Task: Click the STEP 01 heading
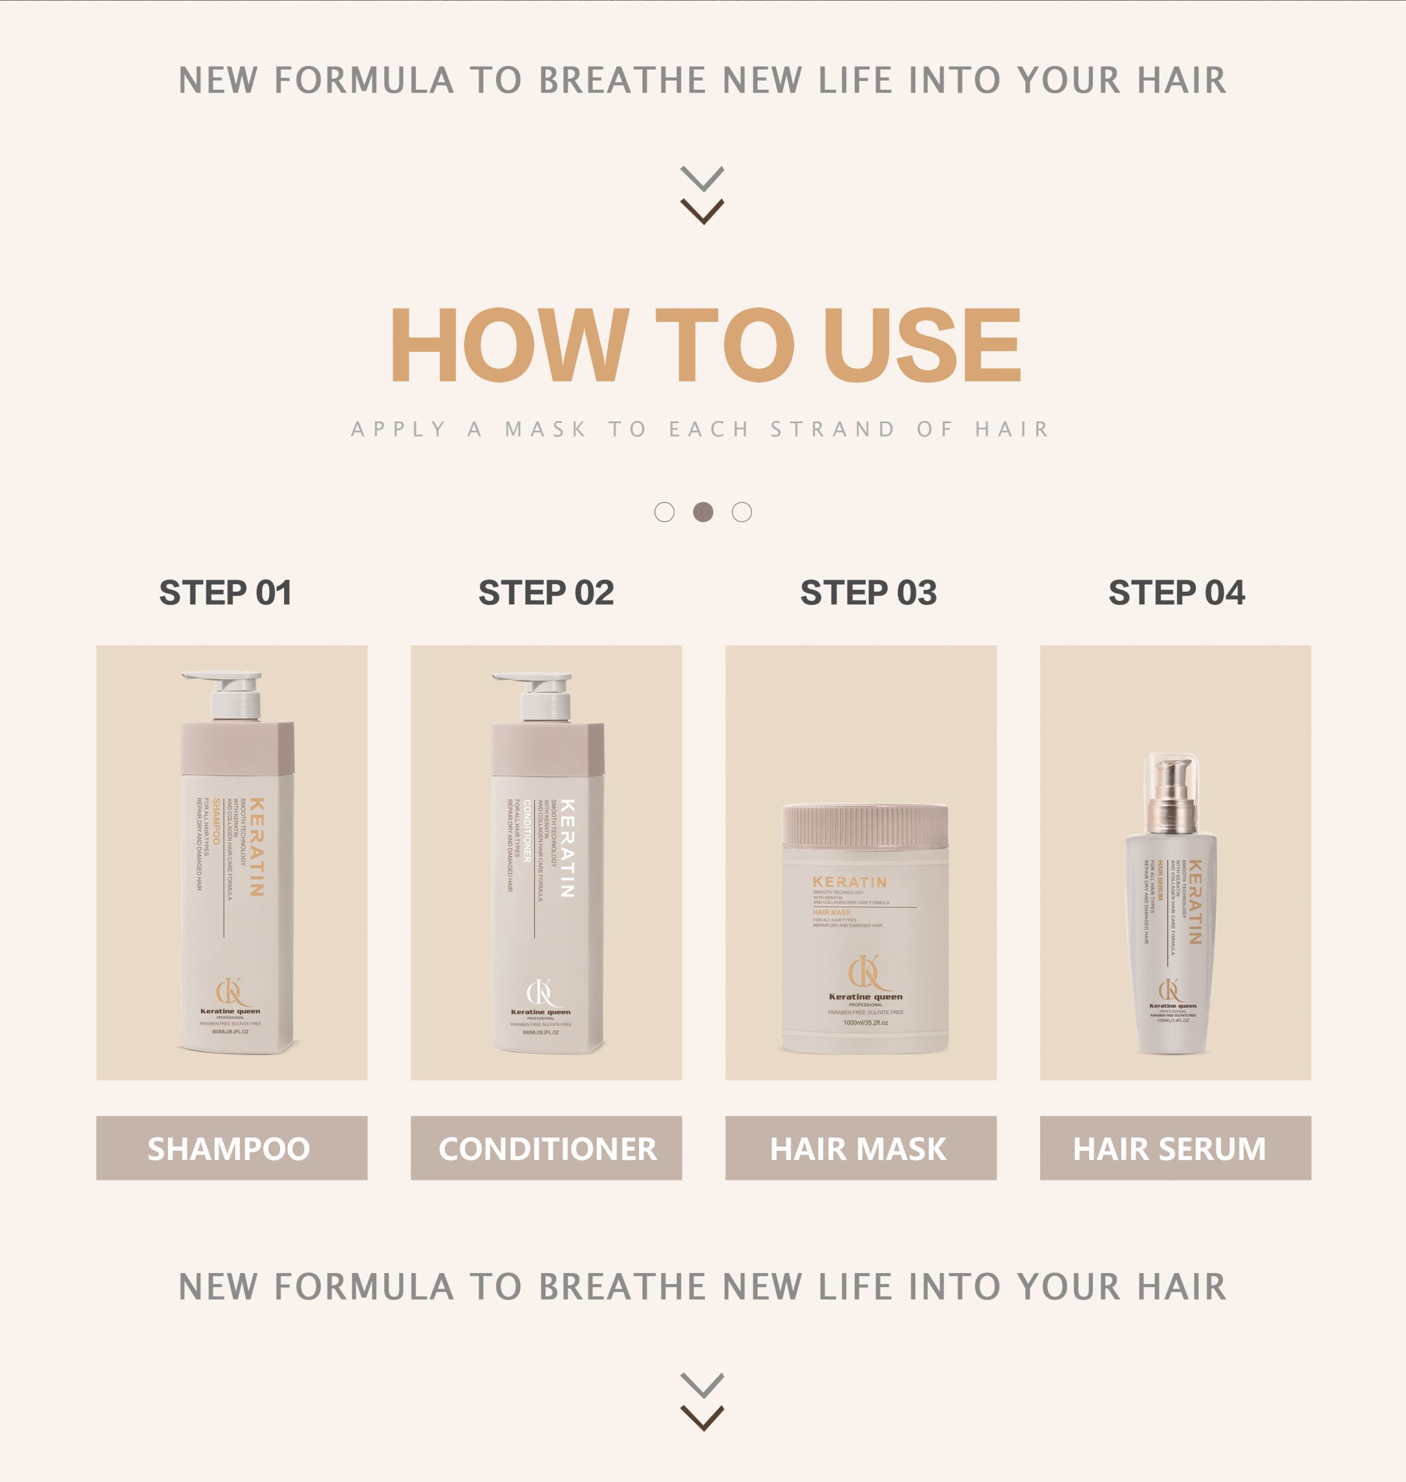point(226,593)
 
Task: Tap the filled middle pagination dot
point(703,512)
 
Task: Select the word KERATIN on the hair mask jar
point(849,882)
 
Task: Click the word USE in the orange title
point(922,346)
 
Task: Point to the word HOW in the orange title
point(509,346)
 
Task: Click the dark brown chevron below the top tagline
point(702,211)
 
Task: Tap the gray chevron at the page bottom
point(702,1385)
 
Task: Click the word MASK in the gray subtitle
point(546,430)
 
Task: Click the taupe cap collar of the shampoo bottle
point(237,747)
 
